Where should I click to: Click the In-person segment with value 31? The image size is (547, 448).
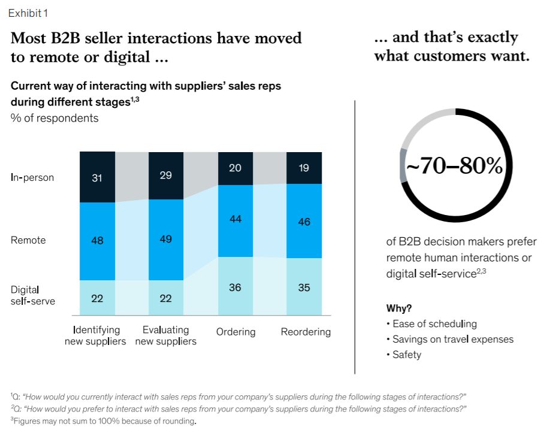click(97, 177)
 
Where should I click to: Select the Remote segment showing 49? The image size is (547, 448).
click(166, 240)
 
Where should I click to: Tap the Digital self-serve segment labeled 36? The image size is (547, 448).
click(235, 287)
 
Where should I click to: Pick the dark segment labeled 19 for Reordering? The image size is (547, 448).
click(304, 168)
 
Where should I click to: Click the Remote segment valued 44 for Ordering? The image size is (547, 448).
click(235, 220)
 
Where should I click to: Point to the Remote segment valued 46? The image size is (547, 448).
click(304, 221)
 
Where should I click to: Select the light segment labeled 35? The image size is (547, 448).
click(304, 287)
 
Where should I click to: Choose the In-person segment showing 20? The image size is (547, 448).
click(235, 169)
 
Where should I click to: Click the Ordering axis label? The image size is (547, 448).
click(235, 332)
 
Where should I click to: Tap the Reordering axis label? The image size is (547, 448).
click(306, 332)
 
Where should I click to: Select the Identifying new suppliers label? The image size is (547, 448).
click(96, 335)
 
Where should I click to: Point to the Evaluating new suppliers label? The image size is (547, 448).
click(166, 335)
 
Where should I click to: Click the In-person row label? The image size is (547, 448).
click(32, 177)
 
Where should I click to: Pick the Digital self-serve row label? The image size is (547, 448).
click(33, 295)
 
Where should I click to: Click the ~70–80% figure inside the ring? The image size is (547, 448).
click(455, 166)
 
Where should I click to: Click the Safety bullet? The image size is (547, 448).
click(407, 355)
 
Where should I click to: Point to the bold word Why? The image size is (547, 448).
click(399, 308)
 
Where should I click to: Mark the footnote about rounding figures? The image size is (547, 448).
click(103, 421)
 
